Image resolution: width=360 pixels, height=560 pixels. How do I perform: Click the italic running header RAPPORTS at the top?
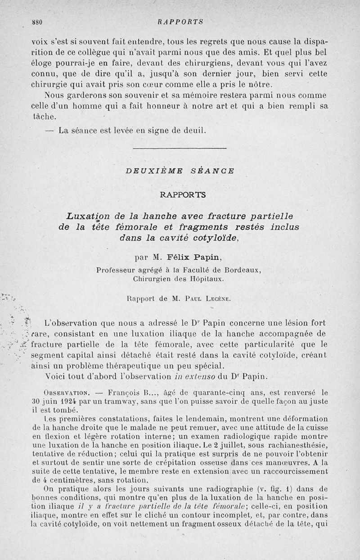pyautogui.click(x=181, y=21)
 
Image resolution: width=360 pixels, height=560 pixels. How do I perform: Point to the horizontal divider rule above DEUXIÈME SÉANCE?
pyautogui.click(x=180, y=148)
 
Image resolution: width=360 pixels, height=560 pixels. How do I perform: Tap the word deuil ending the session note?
pyautogui.click(x=194, y=131)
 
